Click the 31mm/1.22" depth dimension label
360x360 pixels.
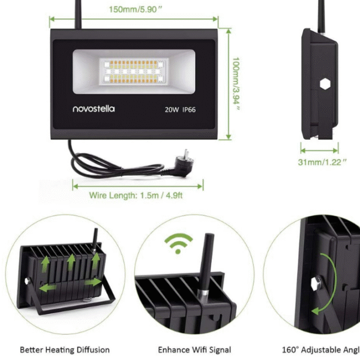[322, 162]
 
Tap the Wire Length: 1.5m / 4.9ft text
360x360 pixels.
[137, 196]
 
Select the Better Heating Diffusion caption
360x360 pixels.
[65, 349]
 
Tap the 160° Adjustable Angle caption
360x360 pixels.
[320, 349]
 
